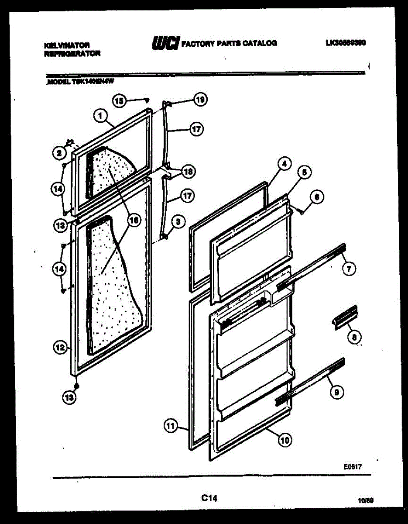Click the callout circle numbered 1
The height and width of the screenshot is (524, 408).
point(100,116)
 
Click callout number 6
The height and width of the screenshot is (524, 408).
point(316,197)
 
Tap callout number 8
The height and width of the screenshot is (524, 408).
point(354,337)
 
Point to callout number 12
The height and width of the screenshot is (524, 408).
point(60,348)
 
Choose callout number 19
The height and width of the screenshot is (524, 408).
point(200,100)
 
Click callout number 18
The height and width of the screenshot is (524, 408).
point(189,172)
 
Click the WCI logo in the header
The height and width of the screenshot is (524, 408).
point(165,43)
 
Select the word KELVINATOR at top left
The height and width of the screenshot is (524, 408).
point(67,45)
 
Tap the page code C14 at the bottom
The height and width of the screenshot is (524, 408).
point(209,497)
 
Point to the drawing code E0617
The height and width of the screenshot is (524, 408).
point(352,467)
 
